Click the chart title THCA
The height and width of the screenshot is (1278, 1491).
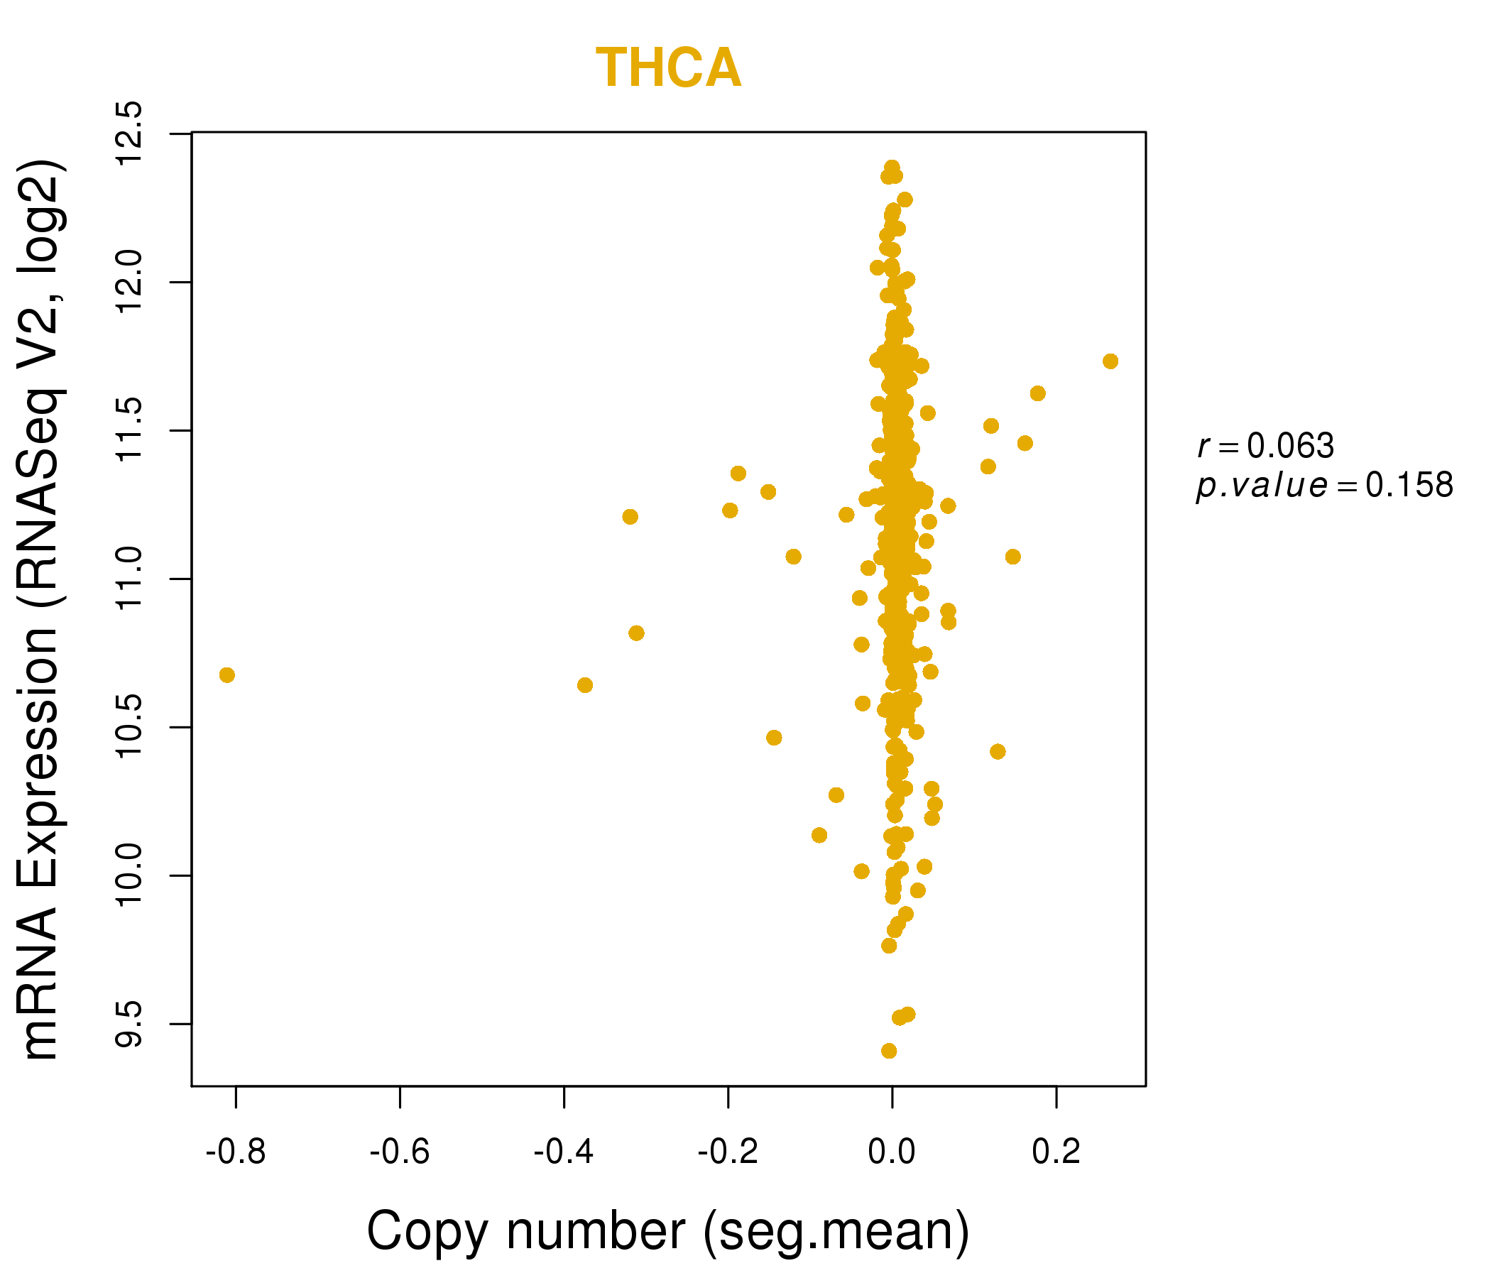point(668,68)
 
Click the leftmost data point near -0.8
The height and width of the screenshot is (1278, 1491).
point(226,675)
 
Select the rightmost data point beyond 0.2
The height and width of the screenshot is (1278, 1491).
point(1110,361)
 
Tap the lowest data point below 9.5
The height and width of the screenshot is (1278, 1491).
point(889,1051)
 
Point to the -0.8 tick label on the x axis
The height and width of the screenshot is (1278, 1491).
point(235,1152)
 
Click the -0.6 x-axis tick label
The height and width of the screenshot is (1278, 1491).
point(399,1152)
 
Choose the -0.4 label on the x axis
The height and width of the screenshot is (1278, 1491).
point(564,1152)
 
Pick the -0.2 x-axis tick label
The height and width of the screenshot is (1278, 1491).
point(728,1152)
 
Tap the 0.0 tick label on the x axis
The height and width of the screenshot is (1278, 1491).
point(892,1152)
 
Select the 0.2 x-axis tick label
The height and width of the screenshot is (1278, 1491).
point(1056,1152)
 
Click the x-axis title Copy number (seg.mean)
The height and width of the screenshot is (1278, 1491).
point(668,1231)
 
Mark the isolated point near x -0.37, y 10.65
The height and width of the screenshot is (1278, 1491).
point(585,685)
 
